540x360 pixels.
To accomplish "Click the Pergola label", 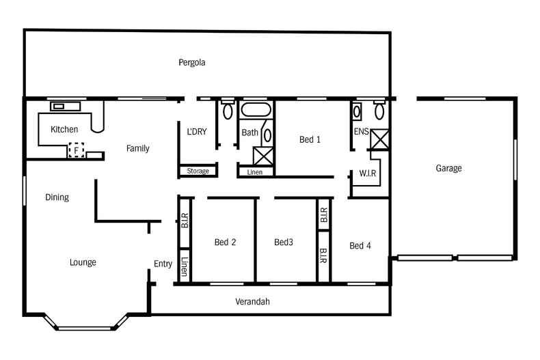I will tap(192, 63).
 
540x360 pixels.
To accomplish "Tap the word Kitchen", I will tap(64, 129).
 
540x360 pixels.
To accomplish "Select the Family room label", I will tap(137, 148).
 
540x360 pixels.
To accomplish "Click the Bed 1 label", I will tap(310, 140).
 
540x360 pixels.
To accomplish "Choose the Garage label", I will tap(449, 168).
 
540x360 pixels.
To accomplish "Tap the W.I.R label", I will tap(368, 174).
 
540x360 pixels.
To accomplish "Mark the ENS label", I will tap(361, 132).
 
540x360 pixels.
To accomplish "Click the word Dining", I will tap(57, 197).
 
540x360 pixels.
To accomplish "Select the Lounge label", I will tap(83, 262).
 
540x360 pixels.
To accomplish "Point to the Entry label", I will tap(163, 264).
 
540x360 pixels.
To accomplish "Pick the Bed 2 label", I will tap(225, 242).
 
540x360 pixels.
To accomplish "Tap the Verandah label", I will tap(252, 301).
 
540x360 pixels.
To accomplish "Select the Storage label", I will tap(198, 171).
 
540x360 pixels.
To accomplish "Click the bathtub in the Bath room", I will tap(256, 110).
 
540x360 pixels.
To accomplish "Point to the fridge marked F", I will tap(76, 149).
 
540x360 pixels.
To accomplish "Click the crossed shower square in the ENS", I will tap(379, 140).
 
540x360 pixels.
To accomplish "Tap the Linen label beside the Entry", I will tap(185, 266).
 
